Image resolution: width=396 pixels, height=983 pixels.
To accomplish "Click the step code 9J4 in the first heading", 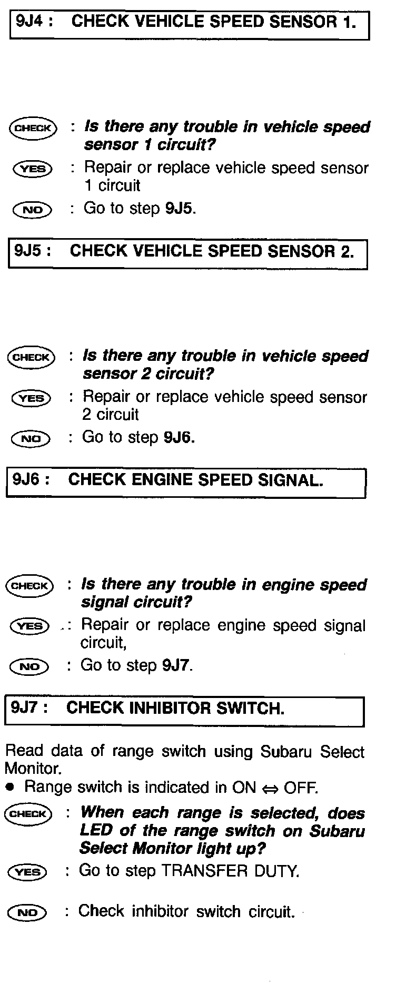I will click(x=30, y=22).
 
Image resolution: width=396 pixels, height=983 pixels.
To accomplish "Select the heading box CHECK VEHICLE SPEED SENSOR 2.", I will click(x=187, y=254).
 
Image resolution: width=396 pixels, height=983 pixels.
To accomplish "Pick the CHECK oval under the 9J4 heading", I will click(x=33, y=128).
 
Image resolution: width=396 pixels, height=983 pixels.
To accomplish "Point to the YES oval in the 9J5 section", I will click(x=31, y=399).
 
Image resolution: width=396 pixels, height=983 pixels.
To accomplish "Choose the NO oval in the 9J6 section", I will click(x=29, y=666).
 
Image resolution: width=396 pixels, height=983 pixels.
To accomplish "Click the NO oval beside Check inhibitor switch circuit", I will click(x=27, y=912).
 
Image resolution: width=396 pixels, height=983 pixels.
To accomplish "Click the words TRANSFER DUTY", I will click(x=230, y=871).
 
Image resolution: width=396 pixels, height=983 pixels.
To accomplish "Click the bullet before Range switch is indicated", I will click(x=11, y=788).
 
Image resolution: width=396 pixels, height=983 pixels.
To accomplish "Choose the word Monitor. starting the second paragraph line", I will click(x=33, y=769).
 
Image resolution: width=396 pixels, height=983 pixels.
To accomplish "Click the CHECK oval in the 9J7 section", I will click(x=28, y=814).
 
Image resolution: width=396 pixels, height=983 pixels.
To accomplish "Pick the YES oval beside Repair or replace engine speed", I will click(x=30, y=626).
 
